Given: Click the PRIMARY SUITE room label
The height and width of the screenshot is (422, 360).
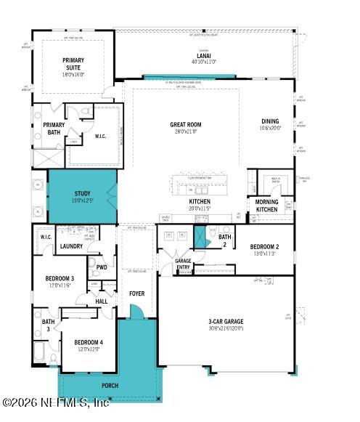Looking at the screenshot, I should tap(73, 63).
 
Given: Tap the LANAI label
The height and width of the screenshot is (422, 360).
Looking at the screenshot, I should tap(203, 56).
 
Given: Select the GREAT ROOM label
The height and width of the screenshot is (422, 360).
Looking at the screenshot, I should tap(186, 125).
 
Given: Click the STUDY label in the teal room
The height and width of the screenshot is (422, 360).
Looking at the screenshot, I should tap(82, 193).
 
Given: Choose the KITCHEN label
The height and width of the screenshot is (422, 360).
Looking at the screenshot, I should tap(200, 201).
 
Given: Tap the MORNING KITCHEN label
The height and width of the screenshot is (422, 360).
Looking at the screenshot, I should tap(266, 206).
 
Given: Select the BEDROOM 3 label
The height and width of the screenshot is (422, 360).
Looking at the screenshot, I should tap(60, 279).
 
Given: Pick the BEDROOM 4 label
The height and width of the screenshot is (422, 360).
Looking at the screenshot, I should tap(89, 342).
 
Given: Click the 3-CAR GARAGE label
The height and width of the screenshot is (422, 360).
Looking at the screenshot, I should tap(226, 321).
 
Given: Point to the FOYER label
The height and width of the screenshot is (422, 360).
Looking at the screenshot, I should tap(137, 294).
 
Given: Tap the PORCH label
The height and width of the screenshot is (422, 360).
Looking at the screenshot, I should tap(110, 385).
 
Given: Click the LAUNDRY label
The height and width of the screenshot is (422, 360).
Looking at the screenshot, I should tap(71, 246).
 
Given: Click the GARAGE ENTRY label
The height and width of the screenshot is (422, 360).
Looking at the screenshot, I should tap(183, 263).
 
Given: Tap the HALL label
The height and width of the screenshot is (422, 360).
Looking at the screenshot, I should tap(102, 301).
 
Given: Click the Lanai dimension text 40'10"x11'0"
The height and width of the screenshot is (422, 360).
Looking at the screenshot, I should tap(203, 62).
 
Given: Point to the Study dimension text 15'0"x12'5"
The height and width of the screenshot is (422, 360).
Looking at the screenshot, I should tap(82, 200).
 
